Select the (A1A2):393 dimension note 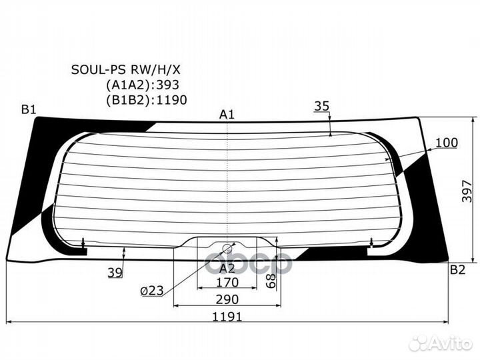click(143, 85)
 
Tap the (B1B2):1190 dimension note click(146, 100)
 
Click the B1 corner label click(28, 110)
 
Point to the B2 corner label click(457, 269)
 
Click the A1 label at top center click(227, 115)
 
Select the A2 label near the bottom click(227, 268)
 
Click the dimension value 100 click(447, 142)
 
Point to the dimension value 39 click(115, 272)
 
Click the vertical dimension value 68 click(271, 280)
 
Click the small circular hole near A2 click(227, 249)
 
